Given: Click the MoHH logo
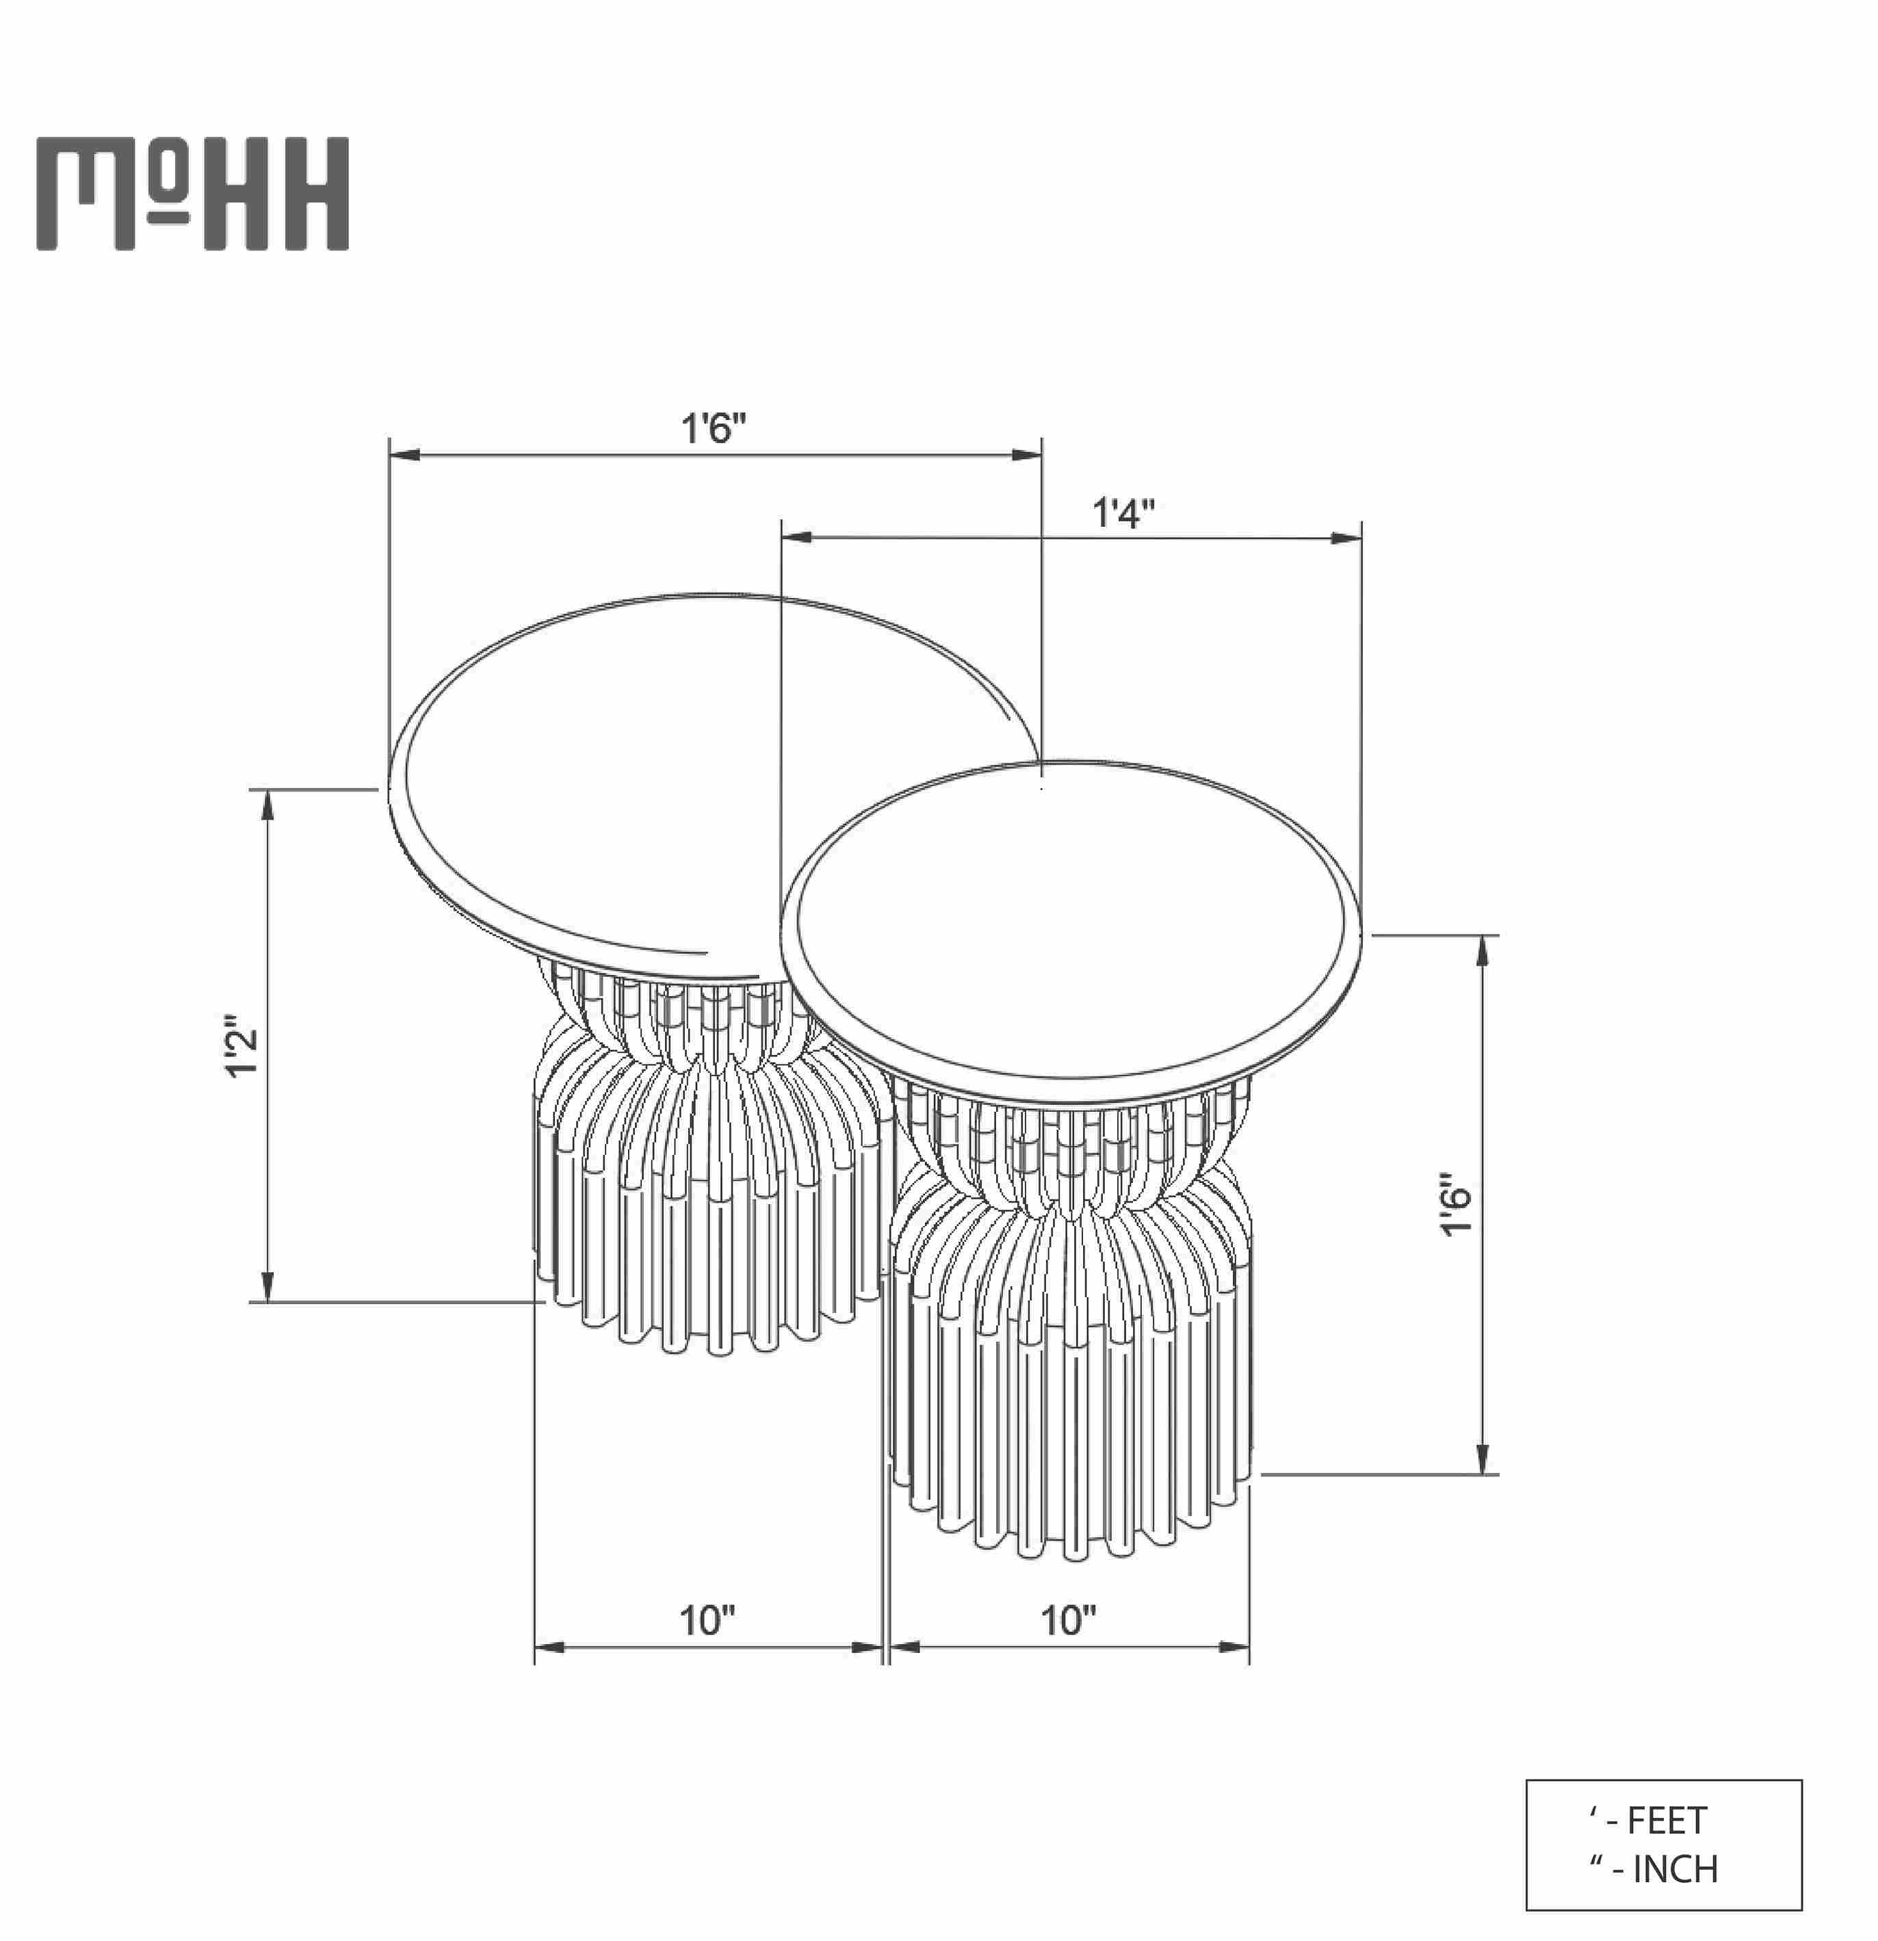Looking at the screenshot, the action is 193,194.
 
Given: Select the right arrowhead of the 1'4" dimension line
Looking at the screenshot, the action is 1345,538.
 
